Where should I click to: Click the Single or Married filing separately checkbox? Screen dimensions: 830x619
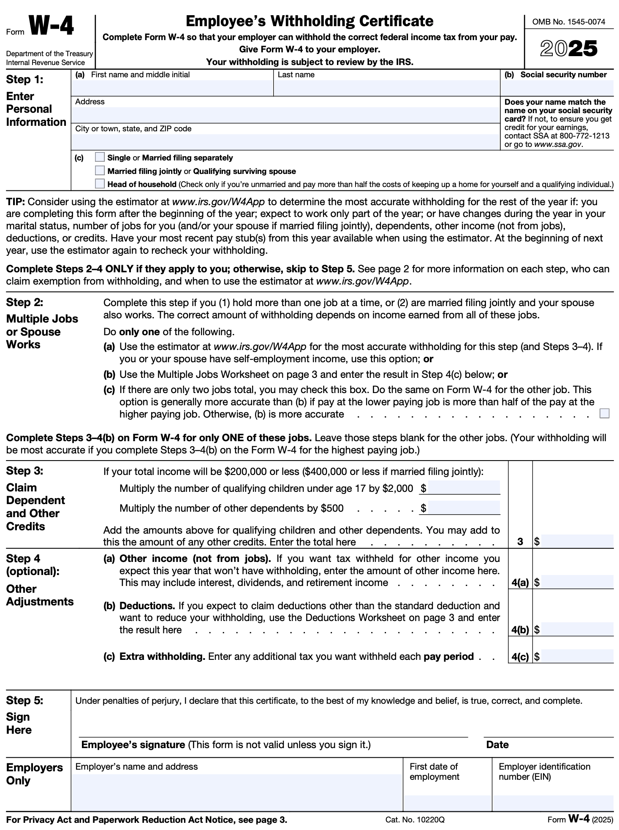pyautogui.click(x=100, y=157)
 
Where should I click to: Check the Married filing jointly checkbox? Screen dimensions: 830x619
pyautogui.click(x=100, y=171)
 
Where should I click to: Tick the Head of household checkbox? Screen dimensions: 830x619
pyautogui.click(x=100, y=184)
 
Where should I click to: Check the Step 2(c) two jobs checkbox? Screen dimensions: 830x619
pyautogui.click(x=604, y=413)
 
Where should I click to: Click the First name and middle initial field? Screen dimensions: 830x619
pyautogui.click(x=172, y=88)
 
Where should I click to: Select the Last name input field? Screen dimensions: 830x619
pyautogui.click(x=386, y=88)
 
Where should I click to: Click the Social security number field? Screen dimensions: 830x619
pyautogui.click(x=557, y=88)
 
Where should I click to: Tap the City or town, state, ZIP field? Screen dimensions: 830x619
pyautogui.click(x=285, y=142)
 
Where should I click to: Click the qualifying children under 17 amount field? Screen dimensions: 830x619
pyautogui.click(x=464, y=488)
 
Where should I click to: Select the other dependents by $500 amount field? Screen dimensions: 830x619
pyautogui.click(x=464, y=507)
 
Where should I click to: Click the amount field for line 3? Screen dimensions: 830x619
pyautogui.click(x=577, y=541)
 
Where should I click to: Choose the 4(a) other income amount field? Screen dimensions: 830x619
pyautogui.click(x=577, y=582)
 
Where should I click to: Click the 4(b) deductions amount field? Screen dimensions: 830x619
pyautogui.click(x=577, y=629)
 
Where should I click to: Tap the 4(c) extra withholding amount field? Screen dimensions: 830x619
pyautogui.click(x=577, y=656)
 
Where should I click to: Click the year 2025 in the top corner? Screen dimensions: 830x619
pyautogui.click(x=569, y=49)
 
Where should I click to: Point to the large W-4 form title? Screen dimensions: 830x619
pyautogui.click(x=52, y=26)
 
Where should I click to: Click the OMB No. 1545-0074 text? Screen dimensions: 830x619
pyautogui.click(x=569, y=22)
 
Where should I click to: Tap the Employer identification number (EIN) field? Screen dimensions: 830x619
pyautogui.click(x=553, y=802)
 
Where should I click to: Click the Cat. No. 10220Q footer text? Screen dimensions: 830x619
pyautogui.click(x=415, y=820)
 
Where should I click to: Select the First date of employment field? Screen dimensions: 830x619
pyautogui.click(x=448, y=802)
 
